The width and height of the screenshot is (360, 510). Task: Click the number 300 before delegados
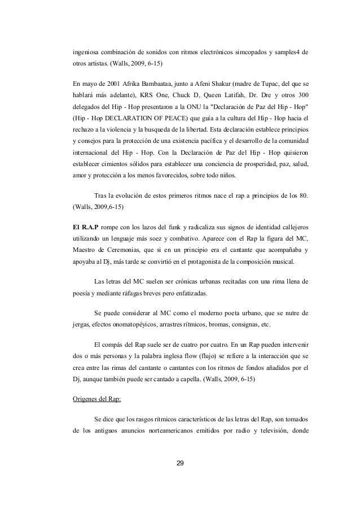tap(301, 93)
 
